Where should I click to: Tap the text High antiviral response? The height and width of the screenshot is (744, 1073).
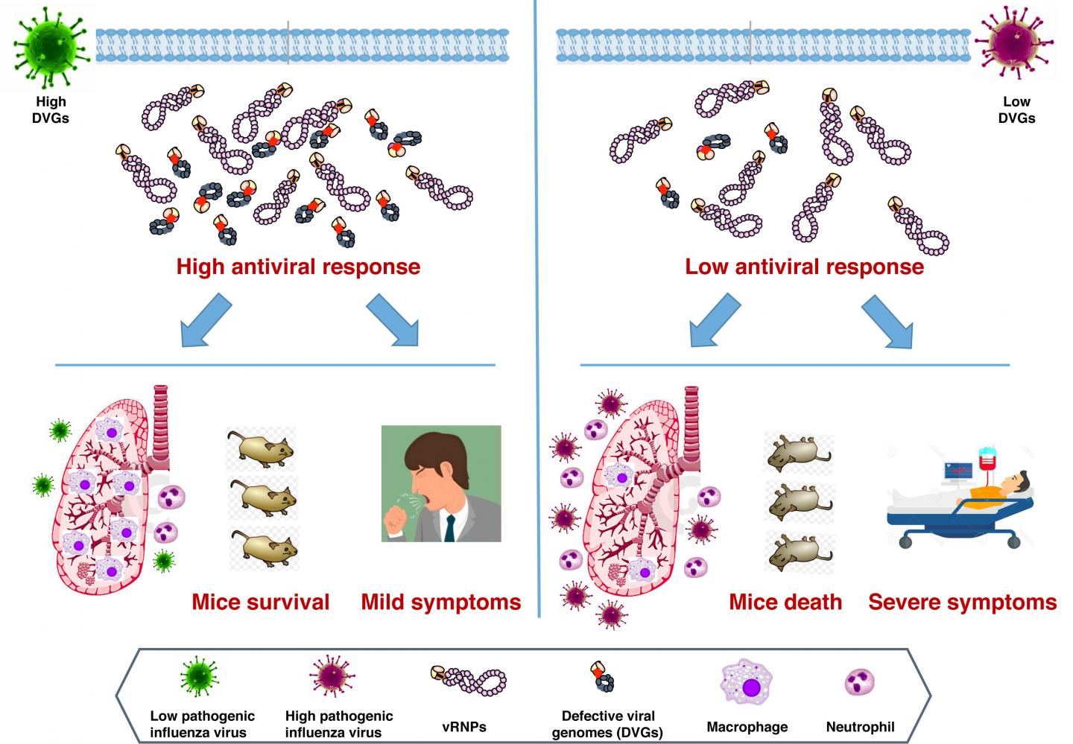pyautogui.click(x=298, y=267)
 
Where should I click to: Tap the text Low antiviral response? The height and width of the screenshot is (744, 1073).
pyautogui.click(x=804, y=267)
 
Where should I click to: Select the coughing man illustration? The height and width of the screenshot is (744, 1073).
pyautogui.click(x=440, y=483)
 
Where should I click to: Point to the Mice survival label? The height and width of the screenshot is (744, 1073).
pyautogui.click(x=260, y=602)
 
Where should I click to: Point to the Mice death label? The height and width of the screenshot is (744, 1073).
pyautogui.click(x=785, y=602)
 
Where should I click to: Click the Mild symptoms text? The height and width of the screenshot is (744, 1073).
pyautogui.click(x=441, y=602)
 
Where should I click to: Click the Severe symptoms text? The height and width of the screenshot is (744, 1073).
pyautogui.click(x=962, y=602)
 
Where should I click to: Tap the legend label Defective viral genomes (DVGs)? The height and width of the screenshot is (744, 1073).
pyautogui.click(x=608, y=723)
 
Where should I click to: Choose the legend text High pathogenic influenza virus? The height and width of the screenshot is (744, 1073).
pyautogui.click(x=339, y=723)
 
